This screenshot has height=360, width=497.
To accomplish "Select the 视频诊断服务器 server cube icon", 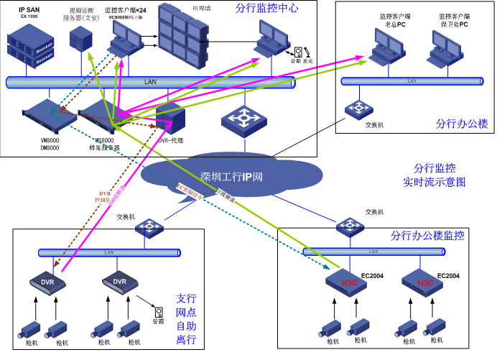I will (x=80, y=40).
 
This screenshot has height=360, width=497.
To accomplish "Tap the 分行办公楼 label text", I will (x=461, y=124).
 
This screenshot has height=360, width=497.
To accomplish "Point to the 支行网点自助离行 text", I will (x=185, y=317).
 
